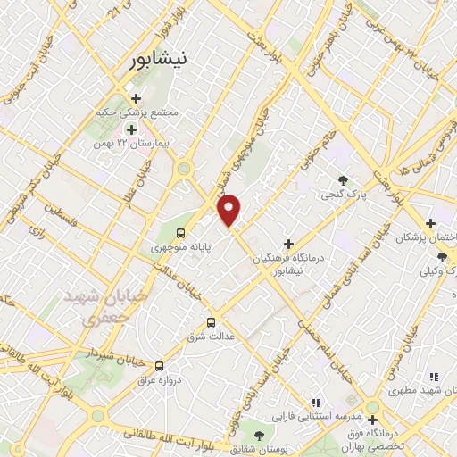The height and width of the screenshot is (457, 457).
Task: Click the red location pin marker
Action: click(x=230, y=210)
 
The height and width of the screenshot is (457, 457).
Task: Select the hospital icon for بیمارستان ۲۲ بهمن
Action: click(x=131, y=129)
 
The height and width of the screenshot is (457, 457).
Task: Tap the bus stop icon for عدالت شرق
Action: click(x=212, y=322)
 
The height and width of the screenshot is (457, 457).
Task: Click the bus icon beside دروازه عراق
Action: click(x=160, y=364)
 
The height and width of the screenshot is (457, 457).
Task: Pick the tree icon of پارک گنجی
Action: click(x=343, y=179)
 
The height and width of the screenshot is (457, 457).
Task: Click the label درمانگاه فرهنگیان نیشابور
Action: click(x=288, y=262)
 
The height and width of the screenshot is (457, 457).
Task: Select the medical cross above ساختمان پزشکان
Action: click(x=430, y=222)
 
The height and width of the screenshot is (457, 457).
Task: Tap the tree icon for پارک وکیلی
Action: click(x=443, y=258)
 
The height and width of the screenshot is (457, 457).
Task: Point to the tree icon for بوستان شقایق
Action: click(x=259, y=435)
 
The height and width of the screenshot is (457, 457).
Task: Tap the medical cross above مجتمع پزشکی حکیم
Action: click(x=137, y=98)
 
